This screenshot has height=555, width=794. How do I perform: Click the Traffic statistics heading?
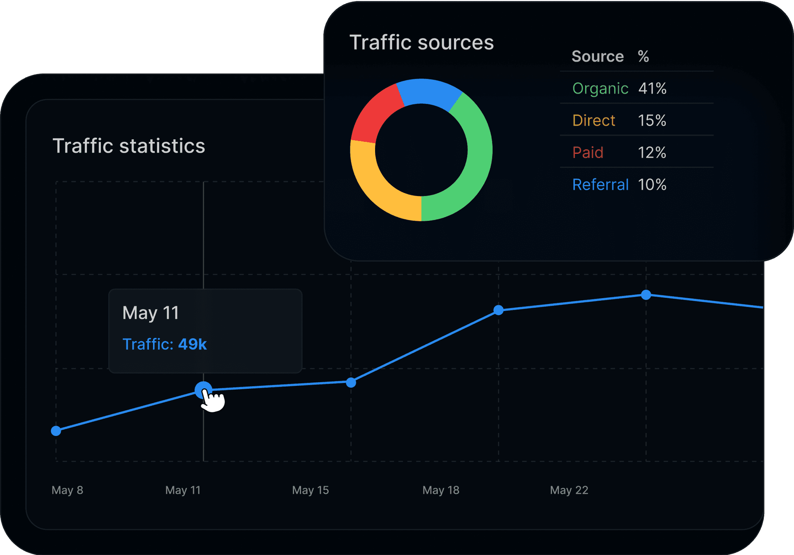pos(129,146)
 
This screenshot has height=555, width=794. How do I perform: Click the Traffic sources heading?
pos(421,43)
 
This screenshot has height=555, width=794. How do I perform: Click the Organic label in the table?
pos(600,89)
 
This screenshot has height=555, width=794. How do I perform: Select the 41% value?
pos(652,89)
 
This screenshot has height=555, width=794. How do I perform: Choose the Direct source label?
pos(593,120)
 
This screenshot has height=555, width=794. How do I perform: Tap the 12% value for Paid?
pos(652,153)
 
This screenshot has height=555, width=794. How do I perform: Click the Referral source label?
pos(600,184)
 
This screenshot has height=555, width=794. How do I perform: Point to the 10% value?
pos(652,184)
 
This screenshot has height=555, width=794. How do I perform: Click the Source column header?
pos(598,56)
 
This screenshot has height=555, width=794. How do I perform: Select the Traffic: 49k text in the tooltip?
pos(165,344)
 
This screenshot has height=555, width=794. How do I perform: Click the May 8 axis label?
pos(67,490)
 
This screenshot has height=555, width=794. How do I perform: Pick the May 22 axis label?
pos(569,490)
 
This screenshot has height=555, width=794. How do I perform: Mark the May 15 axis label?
pos(310,490)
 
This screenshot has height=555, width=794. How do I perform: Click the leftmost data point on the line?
pos(56,431)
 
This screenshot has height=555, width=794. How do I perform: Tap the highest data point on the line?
pos(646,295)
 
